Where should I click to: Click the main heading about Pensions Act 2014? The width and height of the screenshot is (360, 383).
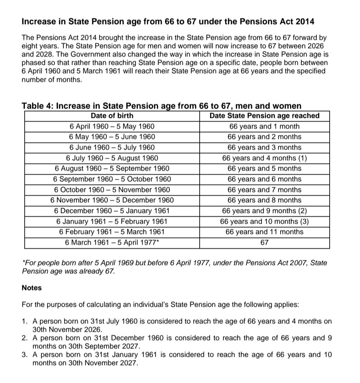click(x=168, y=22)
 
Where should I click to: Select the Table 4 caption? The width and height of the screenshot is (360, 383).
click(x=161, y=106)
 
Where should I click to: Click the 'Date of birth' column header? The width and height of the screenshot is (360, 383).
click(x=112, y=116)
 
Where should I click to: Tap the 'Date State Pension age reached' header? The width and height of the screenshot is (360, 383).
click(x=264, y=116)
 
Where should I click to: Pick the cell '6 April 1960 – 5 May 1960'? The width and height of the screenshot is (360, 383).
click(x=112, y=126)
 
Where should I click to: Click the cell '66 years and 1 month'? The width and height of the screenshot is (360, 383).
click(x=264, y=126)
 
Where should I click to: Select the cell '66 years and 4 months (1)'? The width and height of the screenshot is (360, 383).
click(x=264, y=158)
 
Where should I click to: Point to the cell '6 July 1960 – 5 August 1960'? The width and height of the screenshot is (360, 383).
click(x=112, y=158)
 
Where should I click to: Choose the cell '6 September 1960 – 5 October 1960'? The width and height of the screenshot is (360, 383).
click(x=112, y=179)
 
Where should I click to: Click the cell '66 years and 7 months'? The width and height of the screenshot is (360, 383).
click(x=264, y=190)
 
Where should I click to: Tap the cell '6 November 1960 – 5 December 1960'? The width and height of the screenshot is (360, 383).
click(x=112, y=200)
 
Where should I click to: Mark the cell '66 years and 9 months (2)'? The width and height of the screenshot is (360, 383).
click(x=264, y=211)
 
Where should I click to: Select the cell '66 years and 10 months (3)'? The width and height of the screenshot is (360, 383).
click(x=264, y=222)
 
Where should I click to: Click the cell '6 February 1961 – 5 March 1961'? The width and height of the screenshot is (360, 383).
click(x=112, y=232)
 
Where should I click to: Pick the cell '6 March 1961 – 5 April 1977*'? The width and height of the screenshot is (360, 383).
click(x=112, y=243)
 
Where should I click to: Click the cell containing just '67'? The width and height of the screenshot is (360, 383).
click(x=264, y=243)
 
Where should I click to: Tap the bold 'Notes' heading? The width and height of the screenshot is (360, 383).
click(x=32, y=288)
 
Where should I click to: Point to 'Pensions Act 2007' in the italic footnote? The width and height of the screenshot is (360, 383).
click(x=277, y=263)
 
